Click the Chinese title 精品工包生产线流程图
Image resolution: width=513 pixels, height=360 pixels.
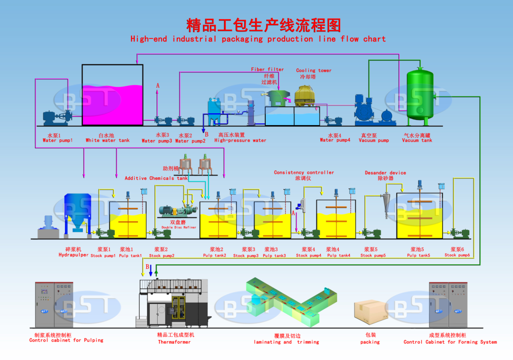[x=264, y=25]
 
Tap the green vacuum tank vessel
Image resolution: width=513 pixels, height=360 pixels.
[x=420, y=94]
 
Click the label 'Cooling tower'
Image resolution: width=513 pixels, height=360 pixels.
[x=313, y=70]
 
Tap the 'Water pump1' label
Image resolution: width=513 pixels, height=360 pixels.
[x=57, y=141]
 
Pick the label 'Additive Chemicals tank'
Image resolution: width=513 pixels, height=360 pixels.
[x=156, y=178]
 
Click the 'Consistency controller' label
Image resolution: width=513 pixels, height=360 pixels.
[x=304, y=173]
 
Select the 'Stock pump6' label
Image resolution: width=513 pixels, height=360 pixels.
[x=457, y=255]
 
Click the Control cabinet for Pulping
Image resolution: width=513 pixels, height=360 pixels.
[x=54, y=304]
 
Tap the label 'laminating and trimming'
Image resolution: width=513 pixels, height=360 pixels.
[x=286, y=342]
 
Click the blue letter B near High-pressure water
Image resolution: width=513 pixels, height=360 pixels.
[x=207, y=135]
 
